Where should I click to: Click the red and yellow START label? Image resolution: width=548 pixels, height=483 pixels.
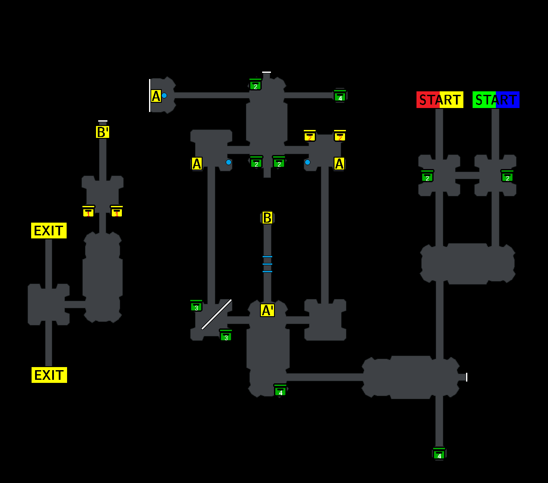(x=439, y=100)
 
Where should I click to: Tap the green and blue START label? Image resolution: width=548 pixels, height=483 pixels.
(x=496, y=100)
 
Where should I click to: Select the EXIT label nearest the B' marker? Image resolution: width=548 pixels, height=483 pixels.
(x=49, y=231)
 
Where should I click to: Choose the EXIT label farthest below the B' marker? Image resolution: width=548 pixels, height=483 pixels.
(x=49, y=375)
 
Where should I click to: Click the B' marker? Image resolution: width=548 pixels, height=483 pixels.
(x=103, y=132)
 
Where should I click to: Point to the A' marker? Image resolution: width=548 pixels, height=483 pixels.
(x=267, y=310)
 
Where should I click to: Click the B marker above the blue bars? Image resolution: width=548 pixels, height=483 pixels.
(x=267, y=218)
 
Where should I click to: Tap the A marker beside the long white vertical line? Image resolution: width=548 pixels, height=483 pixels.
(x=156, y=96)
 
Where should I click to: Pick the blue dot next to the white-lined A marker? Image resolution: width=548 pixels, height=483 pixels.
(x=164, y=95)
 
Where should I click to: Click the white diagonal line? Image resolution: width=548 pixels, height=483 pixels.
(x=217, y=314)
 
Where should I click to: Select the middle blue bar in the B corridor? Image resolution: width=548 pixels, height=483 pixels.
(x=267, y=264)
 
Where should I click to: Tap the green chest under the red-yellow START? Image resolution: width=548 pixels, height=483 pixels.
(x=427, y=176)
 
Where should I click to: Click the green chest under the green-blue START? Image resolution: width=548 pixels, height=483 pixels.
(x=507, y=176)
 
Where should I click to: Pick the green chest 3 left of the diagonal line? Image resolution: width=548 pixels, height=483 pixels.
(x=196, y=306)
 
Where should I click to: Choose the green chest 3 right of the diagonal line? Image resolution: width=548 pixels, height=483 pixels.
(x=226, y=335)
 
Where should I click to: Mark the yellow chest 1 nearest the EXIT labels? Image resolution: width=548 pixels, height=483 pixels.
(x=89, y=212)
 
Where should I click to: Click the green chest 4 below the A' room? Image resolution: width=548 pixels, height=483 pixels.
(x=280, y=390)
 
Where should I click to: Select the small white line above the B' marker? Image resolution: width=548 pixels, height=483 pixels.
(x=103, y=121)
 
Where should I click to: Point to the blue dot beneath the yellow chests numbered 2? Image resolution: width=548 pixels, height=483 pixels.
(x=307, y=162)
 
